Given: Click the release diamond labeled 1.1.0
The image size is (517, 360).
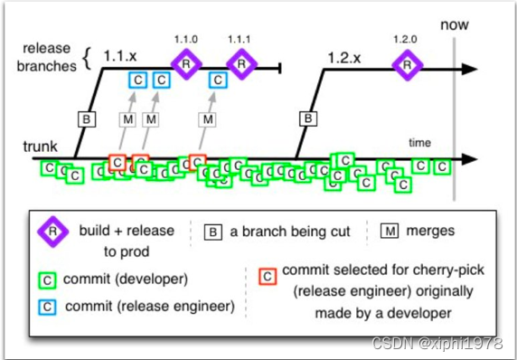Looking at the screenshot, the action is click(186, 64).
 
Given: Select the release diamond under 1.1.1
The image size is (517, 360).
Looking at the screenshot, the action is click(241, 64).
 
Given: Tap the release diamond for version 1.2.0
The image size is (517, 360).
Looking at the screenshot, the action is click(408, 65).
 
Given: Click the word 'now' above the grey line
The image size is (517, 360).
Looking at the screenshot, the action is click(455, 25).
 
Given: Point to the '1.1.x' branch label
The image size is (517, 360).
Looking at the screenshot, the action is click(120, 56).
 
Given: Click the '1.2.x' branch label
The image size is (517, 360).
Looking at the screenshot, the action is click(344, 58).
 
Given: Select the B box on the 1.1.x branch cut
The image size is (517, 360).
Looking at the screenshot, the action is click(87, 119).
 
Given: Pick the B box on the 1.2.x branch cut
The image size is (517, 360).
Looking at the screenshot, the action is click(308, 118).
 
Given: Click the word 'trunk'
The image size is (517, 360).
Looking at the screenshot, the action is click(41, 147).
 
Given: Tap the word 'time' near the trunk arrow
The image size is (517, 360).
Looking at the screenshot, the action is click(419, 143).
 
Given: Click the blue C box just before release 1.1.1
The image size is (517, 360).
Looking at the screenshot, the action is click(218, 80).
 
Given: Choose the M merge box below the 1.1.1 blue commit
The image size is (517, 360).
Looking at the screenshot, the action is click(207, 119).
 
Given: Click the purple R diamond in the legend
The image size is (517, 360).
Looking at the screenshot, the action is click(52, 231).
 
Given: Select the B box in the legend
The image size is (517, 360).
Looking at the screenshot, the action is click(213, 232).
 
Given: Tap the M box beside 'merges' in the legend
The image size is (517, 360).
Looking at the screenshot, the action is click(390, 231).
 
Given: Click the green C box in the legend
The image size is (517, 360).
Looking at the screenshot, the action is click(47, 280).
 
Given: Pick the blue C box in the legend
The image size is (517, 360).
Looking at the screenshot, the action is click(47, 308).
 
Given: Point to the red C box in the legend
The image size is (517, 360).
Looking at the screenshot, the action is click(268, 276).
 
